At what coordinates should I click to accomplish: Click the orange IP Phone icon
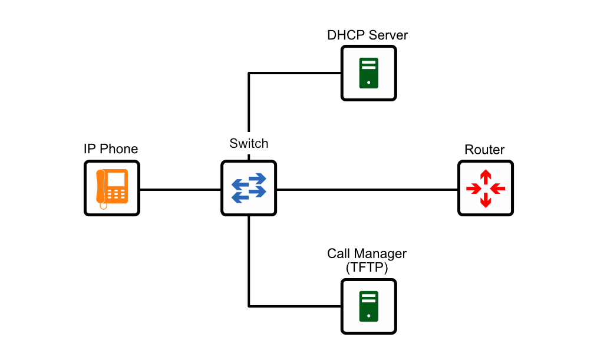pos(112,189)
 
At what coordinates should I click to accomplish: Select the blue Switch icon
pos(249,189)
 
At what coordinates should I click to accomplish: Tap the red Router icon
pos(486,189)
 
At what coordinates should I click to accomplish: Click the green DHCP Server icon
pos(369,73)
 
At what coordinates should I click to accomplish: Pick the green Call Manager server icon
pos(369,306)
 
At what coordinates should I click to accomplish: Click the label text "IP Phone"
pos(111,149)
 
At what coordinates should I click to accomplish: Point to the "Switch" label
pos(249,144)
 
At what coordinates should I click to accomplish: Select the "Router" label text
pos(484,150)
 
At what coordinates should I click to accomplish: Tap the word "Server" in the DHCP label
pos(388,35)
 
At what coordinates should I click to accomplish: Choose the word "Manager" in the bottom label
pos(384,254)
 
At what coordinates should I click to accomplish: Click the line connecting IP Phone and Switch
pos(180,190)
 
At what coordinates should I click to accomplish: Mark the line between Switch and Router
pos(367,190)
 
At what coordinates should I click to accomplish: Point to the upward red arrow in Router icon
pos(486,176)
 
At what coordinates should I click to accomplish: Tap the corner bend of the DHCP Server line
pos(249,74)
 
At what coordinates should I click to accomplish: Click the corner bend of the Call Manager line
pos(249,306)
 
